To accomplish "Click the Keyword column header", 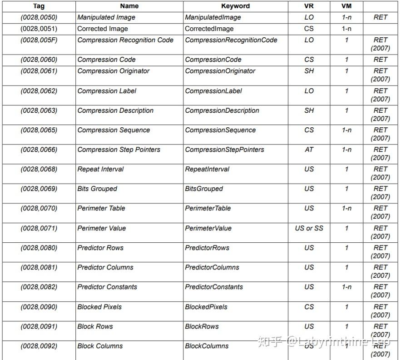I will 235,6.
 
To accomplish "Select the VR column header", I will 309,6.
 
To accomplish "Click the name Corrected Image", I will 103,29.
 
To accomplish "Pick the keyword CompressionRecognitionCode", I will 231,40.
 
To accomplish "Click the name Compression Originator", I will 113,71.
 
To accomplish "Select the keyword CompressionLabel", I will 213,91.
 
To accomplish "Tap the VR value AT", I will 309,150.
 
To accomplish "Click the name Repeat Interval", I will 100,169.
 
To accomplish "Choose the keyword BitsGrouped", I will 204,189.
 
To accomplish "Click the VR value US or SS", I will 309,228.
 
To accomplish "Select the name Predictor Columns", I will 105,267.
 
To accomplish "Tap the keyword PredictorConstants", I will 214,287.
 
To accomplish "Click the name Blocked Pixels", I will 99,307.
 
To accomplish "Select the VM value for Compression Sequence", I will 347,130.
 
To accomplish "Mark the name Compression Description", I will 115,110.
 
